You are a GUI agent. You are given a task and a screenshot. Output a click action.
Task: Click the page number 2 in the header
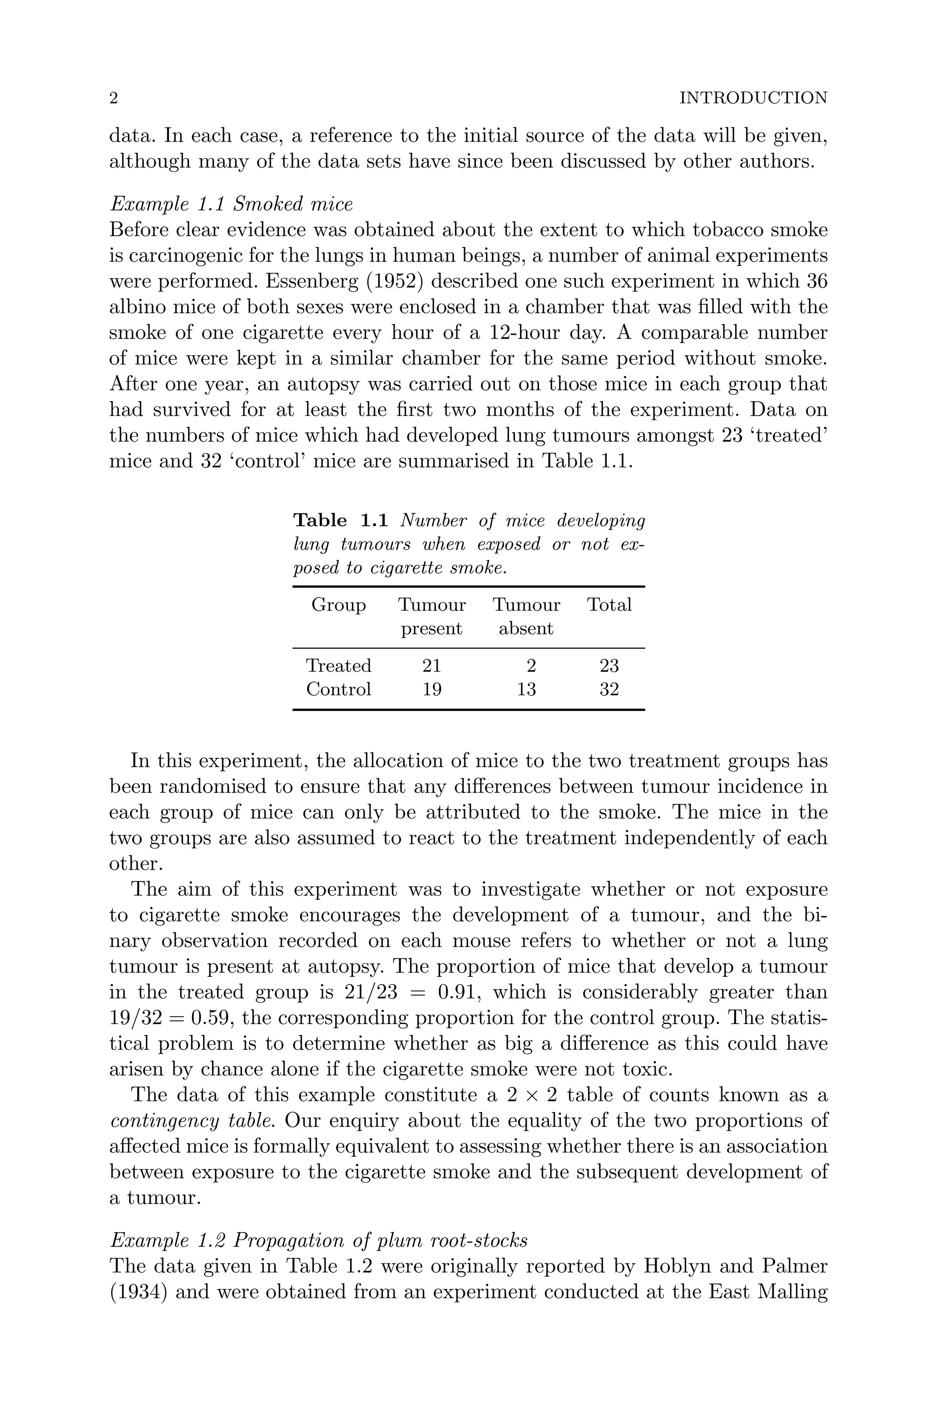pyautogui.click(x=114, y=98)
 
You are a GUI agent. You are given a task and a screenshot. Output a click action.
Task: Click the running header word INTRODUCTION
pyautogui.click(x=753, y=98)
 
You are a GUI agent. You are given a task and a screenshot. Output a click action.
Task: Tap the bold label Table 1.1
pyautogui.click(x=341, y=521)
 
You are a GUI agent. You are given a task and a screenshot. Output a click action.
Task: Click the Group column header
pyautogui.click(x=338, y=605)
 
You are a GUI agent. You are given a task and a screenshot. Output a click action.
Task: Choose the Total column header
pyautogui.click(x=609, y=605)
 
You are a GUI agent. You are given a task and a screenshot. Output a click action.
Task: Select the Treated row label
pyautogui.click(x=338, y=666)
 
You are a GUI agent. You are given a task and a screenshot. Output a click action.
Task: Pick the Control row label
pyautogui.click(x=338, y=689)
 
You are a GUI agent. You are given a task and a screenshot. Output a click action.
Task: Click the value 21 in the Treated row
pyautogui.click(x=431, y=666)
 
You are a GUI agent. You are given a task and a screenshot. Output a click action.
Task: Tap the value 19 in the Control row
pyautogui.click(x=431, y=689)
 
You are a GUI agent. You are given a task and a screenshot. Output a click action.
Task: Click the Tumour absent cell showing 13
pyautogui.click(x=526, y=689)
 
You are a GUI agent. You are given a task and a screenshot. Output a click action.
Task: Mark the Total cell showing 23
pyautogui.click(x=609, y=666)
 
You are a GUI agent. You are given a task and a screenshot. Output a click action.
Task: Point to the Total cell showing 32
pyautogui.click(x=609, y=689)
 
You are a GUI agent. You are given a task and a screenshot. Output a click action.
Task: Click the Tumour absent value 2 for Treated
pyautogui.click(x=531, y=666)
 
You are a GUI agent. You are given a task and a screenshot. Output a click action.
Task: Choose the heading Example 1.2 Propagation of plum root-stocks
pyautogui.click(x=319, y=1241)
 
